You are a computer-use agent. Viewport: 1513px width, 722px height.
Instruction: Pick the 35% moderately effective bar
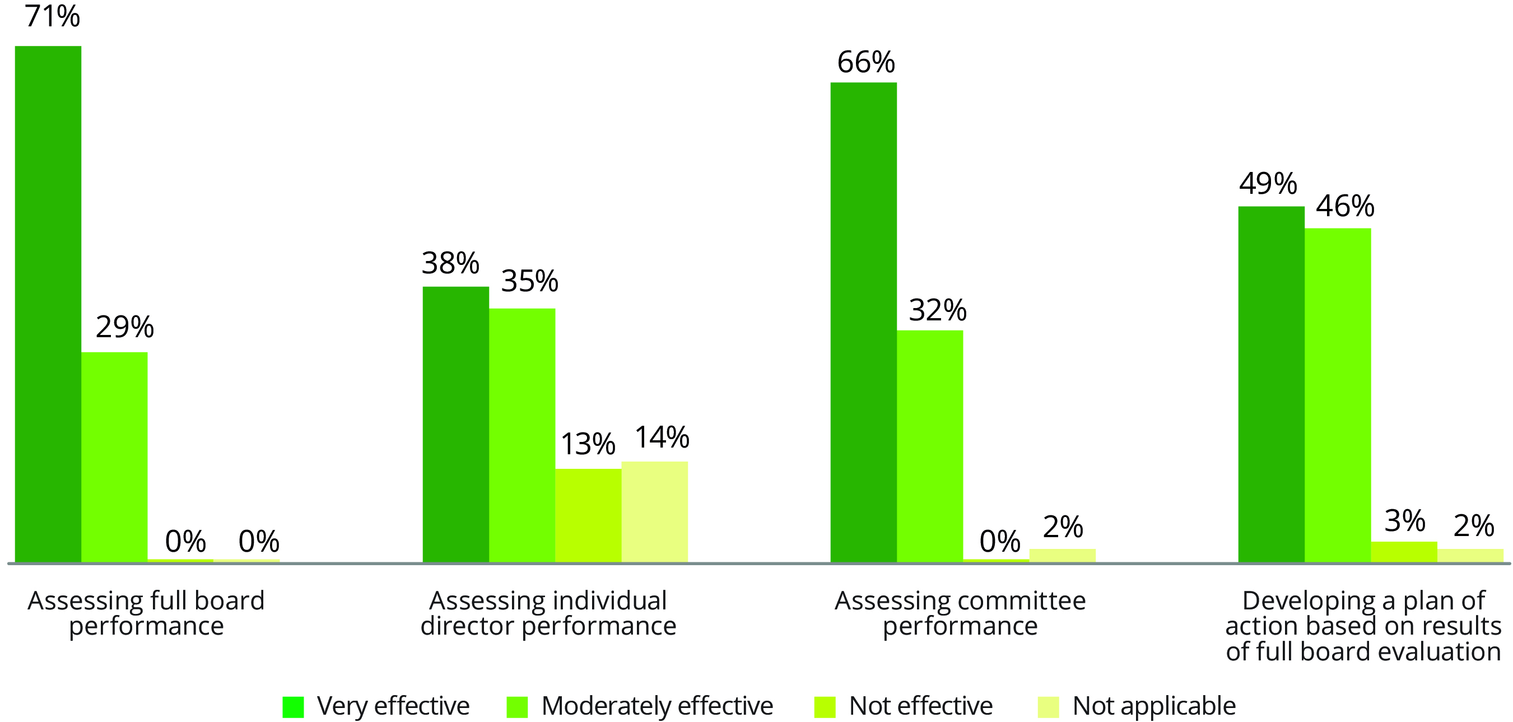(x=522, y=435)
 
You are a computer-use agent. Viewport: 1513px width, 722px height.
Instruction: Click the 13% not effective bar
(x=589, y=515)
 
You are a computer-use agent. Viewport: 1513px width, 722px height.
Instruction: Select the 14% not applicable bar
(x=655, y=512)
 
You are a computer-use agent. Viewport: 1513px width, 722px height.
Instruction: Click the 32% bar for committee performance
(x=930, y=446)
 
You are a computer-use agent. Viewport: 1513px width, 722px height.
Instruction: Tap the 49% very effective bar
(x=1272, y=384)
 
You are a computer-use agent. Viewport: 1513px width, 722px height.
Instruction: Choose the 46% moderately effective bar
(x=1338, y=395)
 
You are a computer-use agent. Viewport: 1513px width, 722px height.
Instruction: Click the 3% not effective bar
(x=1404, y=552)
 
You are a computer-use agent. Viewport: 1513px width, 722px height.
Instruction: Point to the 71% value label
(x=52, y=16)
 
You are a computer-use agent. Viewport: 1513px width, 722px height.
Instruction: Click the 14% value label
(x=662, y=437)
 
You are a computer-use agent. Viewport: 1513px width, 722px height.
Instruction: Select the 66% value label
(x=866, y=62)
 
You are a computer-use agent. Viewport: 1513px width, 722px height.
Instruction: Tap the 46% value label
(x=1345, y=206)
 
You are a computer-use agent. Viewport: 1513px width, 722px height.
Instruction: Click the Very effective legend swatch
(x=293, y=707)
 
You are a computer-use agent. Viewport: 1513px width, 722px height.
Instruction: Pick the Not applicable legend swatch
(x=1049, y=707)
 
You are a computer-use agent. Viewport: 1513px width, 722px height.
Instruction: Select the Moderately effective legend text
(x=657, y=706)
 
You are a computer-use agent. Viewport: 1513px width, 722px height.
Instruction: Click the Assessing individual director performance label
(x=548, y=613)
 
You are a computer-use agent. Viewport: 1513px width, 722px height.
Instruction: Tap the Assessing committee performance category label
(x=960, y=613)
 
